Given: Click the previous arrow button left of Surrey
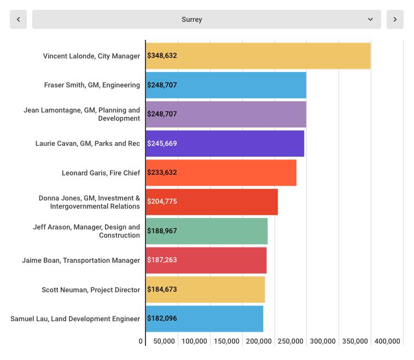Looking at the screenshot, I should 18,19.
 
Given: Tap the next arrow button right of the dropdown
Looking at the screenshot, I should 395,19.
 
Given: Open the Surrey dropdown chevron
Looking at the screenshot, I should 370,19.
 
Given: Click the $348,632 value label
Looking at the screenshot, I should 162,56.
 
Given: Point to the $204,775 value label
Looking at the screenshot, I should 162,202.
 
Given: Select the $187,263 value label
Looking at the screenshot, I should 162,260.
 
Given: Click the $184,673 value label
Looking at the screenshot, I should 162,290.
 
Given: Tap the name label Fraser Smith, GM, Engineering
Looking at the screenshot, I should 92,85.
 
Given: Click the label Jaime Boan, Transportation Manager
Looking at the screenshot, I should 81,261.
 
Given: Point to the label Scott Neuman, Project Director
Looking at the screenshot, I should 91,290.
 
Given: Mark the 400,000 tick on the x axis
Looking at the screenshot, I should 387,341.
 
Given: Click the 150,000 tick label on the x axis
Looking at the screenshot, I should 226,341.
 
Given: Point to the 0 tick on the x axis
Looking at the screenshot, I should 141,341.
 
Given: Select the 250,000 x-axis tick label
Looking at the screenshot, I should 290,341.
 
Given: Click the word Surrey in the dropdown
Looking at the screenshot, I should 192,20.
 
